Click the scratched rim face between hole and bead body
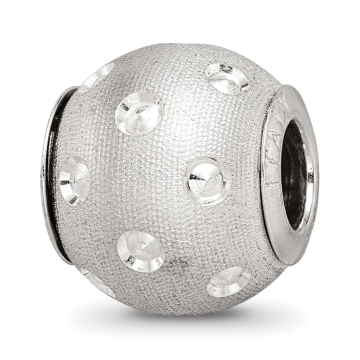pos(271,171)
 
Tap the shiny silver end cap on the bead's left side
pos(48,171)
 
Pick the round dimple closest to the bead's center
pos(208,180)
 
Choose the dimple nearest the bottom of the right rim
pos(229,282)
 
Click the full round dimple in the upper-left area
pos(139,112)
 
